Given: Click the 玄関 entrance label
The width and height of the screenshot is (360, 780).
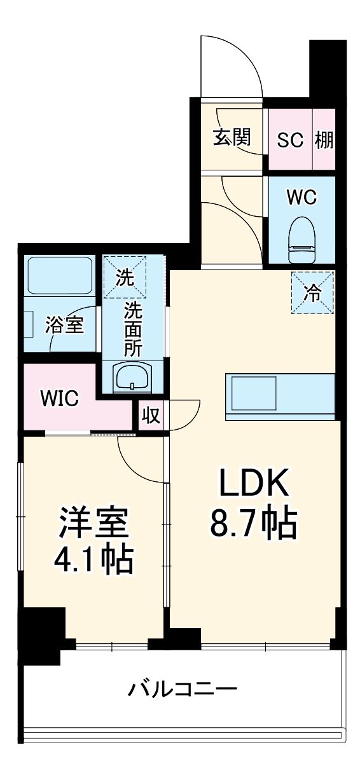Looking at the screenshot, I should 231,137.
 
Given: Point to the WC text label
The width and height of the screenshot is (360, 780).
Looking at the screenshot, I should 301,198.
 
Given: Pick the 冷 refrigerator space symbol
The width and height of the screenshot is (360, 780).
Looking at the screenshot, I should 312,292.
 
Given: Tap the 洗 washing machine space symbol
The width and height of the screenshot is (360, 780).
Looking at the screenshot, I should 125,277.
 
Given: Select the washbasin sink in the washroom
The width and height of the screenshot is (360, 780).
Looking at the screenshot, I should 132,378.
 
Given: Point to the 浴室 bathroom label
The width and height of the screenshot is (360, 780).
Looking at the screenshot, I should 64,325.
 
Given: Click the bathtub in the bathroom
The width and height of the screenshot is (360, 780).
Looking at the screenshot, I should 59,275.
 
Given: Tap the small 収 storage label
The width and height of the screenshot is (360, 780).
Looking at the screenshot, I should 151,416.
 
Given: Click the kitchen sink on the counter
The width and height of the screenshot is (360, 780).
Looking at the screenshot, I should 254,393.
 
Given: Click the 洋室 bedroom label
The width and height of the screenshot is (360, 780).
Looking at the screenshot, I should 95,523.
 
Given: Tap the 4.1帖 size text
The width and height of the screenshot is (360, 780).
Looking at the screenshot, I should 94,559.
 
